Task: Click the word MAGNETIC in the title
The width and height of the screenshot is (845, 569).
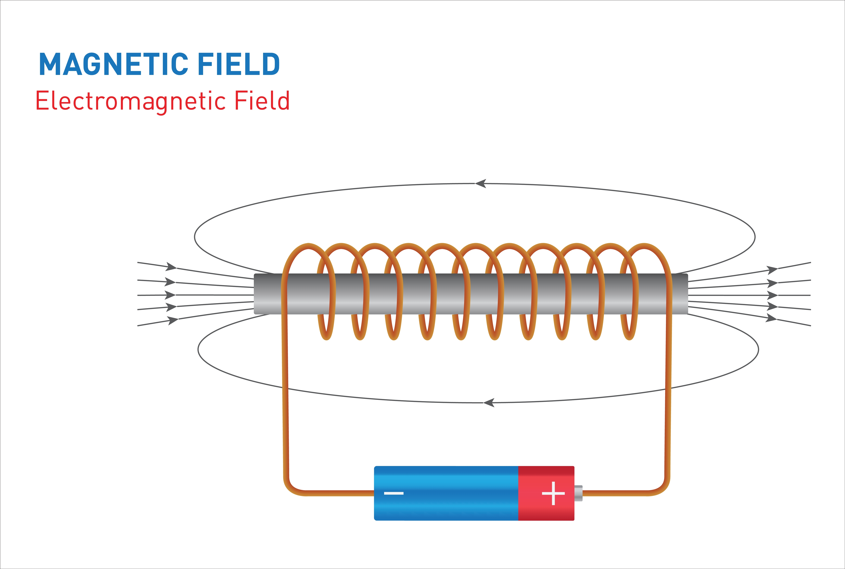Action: coord(114,64)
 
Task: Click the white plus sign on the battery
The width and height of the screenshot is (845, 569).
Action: coord(553,493)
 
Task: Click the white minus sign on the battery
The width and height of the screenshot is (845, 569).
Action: coord(394,493)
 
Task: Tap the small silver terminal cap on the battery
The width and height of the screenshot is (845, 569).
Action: coord(578,493)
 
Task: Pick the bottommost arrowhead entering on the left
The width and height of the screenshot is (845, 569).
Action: coord(173,321)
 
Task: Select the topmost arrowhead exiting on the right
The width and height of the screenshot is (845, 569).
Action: coord(772,270)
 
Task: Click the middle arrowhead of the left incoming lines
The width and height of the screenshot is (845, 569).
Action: coord(170,295)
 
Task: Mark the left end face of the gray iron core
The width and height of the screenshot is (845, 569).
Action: coord(255,294)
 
